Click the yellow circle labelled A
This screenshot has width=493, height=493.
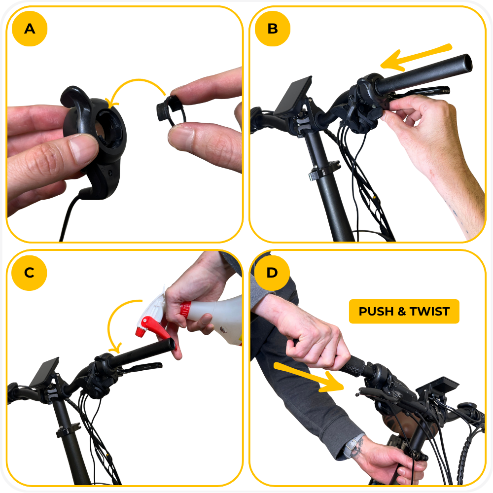30,29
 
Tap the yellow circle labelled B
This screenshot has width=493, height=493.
273,29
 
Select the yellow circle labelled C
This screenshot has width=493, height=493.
29,273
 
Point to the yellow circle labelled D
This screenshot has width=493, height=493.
272,273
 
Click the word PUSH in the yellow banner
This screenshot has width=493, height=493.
376,311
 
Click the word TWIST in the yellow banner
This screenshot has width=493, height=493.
429,311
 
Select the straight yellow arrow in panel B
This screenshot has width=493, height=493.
416,57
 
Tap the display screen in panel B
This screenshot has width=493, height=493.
293,96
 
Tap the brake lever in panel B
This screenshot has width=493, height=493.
422,92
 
